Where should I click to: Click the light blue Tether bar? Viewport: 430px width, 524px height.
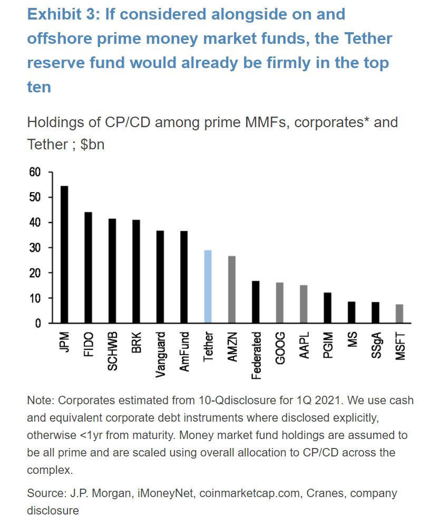[208, 287]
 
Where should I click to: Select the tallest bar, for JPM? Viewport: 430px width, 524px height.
[64, 254]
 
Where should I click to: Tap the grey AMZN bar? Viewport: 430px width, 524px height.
[231, 289]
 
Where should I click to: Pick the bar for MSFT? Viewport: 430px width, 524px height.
[399, 313]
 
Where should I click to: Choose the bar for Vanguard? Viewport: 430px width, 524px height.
[160, 277]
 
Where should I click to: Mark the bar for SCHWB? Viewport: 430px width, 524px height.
[112, 271]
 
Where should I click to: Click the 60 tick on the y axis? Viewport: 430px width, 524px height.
[35, 172]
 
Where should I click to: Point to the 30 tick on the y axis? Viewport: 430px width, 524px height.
[35, 247]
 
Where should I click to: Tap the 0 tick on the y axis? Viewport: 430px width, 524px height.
[37, 323]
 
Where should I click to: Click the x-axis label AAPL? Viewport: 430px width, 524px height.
[304, 345]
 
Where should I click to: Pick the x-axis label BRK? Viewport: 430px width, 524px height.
[136, 342]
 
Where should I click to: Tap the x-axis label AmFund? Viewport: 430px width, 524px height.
[184, 351]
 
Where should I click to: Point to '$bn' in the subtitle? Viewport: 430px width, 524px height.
[93, 144]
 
